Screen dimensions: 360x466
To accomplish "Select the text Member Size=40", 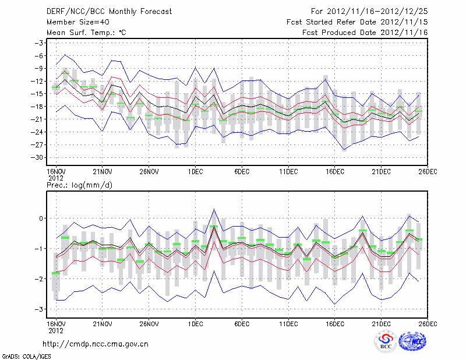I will coord(76,22).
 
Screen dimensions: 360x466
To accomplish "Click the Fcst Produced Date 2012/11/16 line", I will coord(365,33).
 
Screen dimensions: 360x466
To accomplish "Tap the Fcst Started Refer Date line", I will coord(357,22).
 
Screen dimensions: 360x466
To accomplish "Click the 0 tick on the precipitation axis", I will coord(41,218).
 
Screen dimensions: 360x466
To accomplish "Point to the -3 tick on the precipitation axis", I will coord(39,309).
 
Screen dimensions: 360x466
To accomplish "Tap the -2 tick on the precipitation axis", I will coord(39,279).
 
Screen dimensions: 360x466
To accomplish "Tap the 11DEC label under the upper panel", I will coord(288,171).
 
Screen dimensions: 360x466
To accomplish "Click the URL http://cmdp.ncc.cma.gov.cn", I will coord(96,344).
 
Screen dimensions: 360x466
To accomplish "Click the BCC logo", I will coord(386,342).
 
